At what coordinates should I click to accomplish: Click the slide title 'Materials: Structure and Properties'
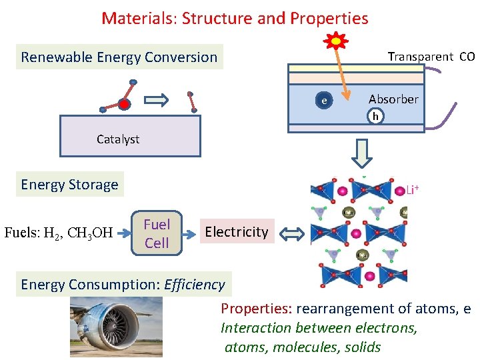coord(235,18)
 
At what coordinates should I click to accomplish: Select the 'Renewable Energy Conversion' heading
coord(119,57)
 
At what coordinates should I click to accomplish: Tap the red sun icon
coord(336,41)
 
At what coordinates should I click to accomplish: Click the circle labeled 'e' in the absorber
coord(324,101)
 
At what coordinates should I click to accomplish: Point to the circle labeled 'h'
coord(376,117)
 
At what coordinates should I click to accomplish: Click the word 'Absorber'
coord(393,99)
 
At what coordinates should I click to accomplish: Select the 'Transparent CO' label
coord(431,57)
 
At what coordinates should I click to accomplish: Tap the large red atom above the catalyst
coord(124,104)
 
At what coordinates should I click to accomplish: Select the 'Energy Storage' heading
coord(69,185)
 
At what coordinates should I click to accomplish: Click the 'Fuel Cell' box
coord(157,234)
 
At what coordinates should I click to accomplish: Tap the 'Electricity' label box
coord(237,232)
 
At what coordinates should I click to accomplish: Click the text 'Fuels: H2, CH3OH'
coord(59,233)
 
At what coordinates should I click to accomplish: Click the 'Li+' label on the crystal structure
coord(412,191)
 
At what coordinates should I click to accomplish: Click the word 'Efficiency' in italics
coord(195,285)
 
